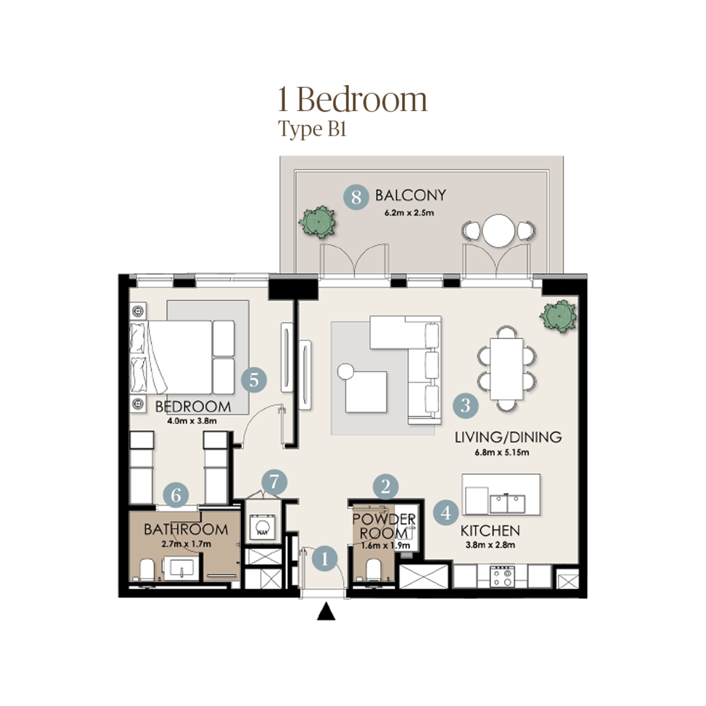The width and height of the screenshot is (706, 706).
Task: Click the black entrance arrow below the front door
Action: click(x=326, y=612)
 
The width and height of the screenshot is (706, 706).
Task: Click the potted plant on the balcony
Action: click(x=317, y=222)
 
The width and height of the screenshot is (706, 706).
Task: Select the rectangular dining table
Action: click(x=507, y=369)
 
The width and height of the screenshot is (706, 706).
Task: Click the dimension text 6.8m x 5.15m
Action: click(x=502, y=452)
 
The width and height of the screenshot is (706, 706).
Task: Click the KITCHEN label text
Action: click(x=490, y=531)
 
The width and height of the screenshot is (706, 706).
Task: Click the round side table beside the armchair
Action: click(x=345, y=372)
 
